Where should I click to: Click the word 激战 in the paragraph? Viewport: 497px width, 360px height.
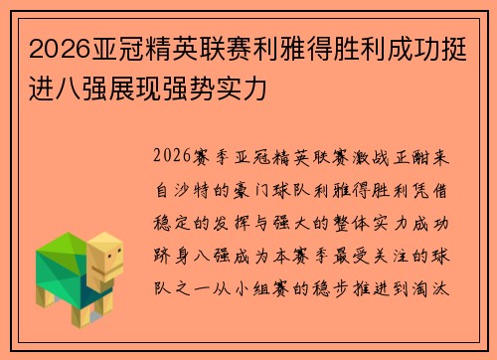[369, 157]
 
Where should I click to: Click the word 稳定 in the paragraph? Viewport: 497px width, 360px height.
[172, 212]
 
